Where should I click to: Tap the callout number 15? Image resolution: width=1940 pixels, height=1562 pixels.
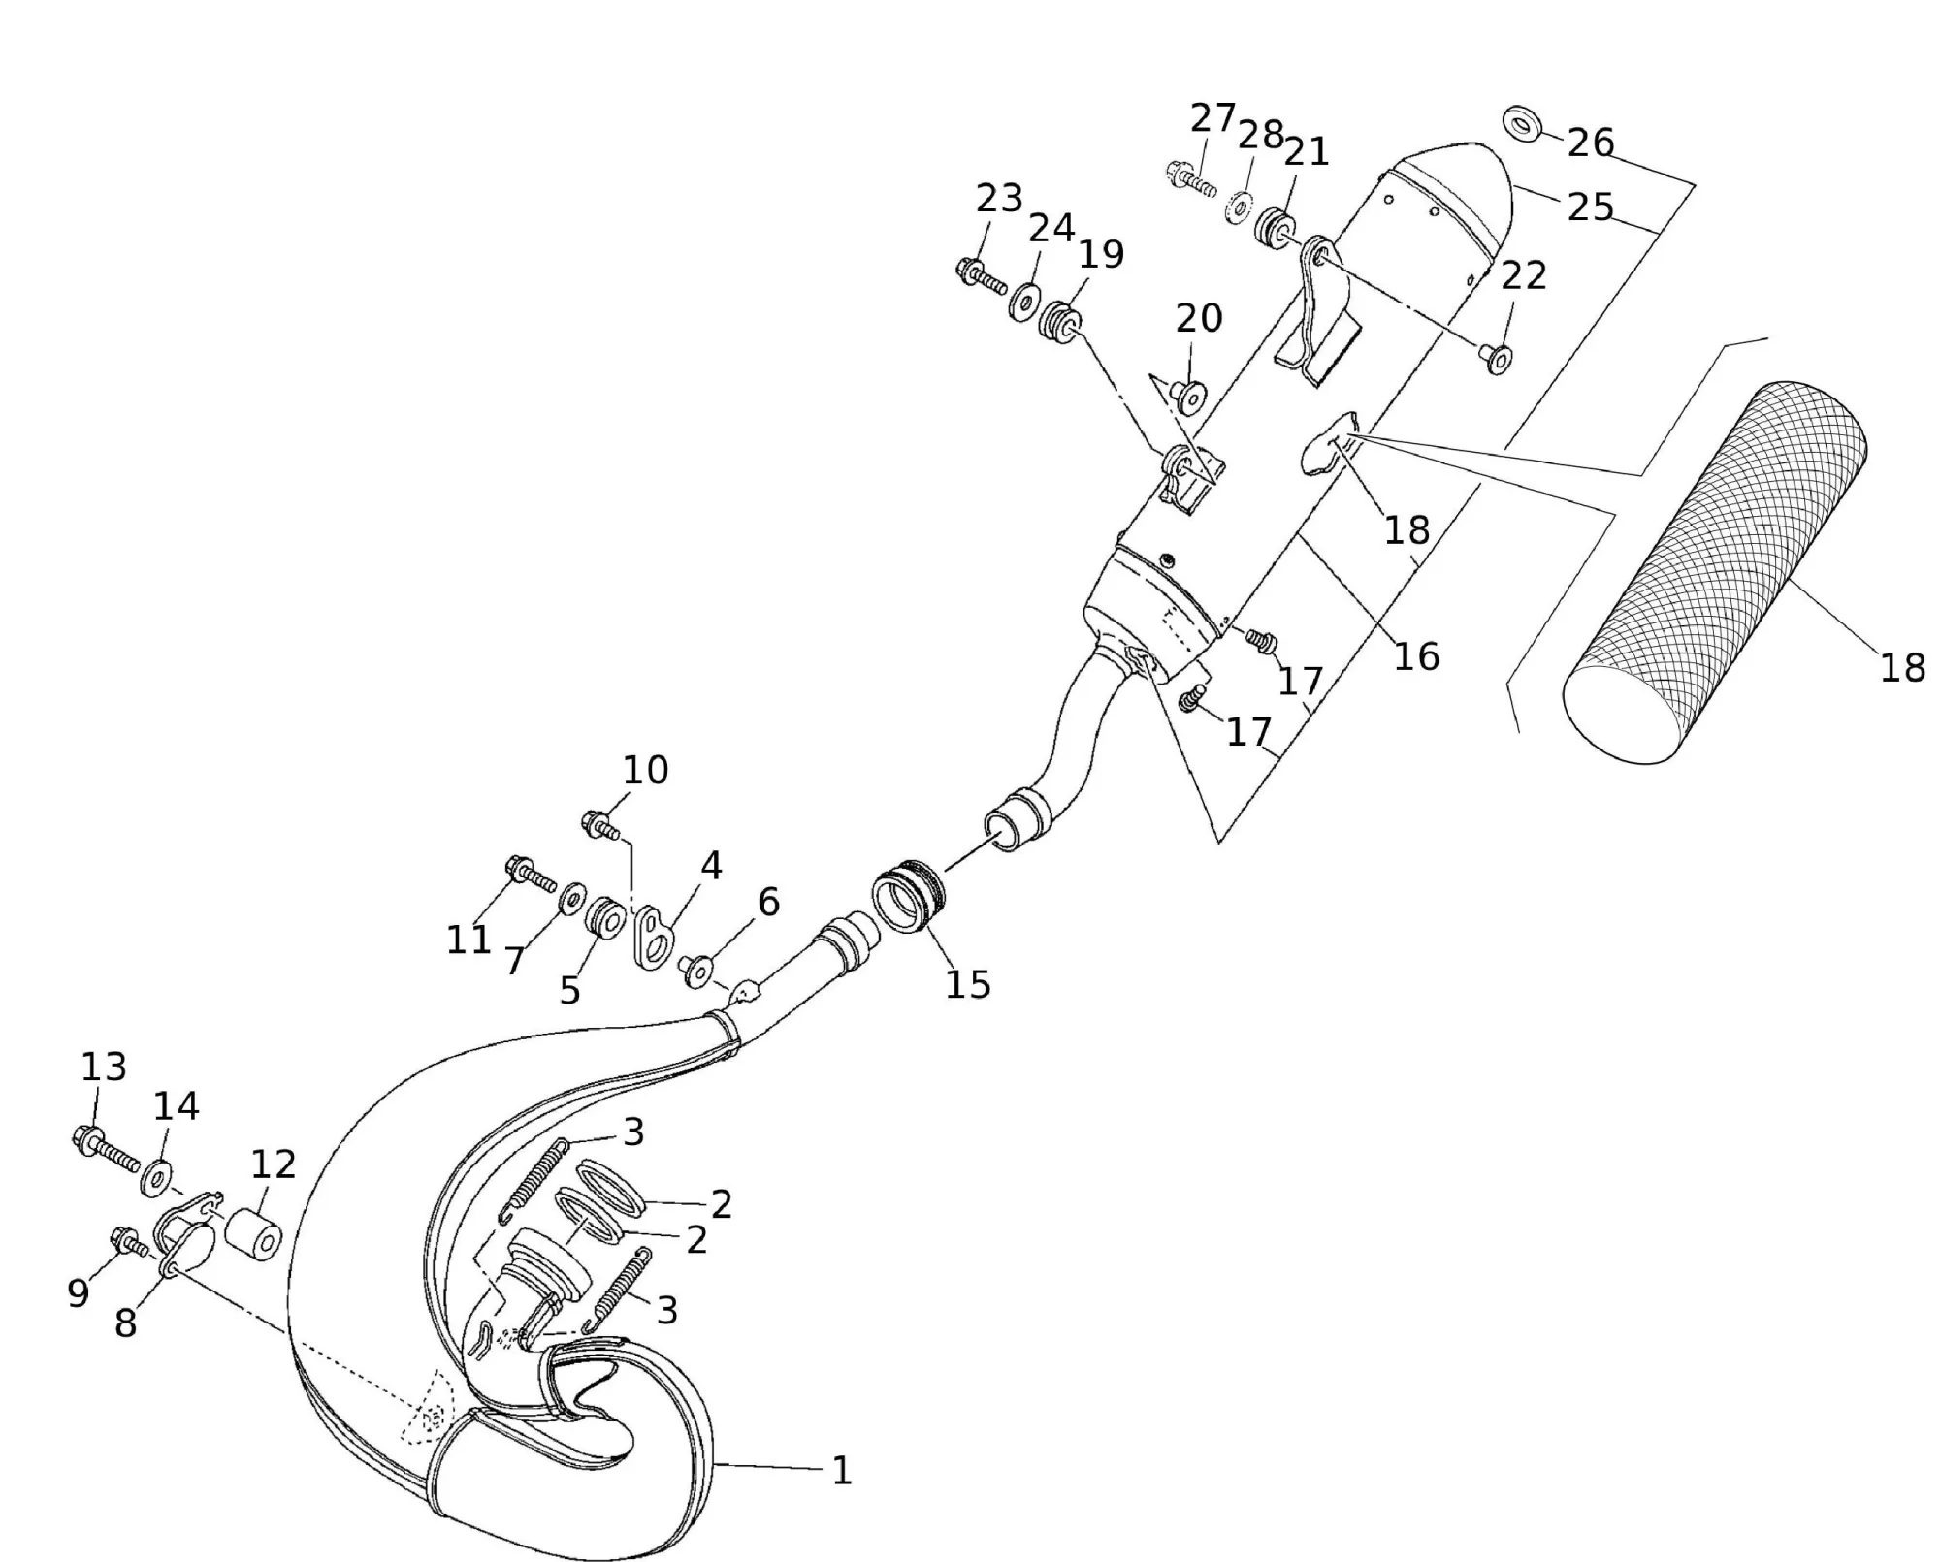[968, 984]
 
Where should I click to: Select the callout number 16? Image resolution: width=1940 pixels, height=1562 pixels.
[1416, 656]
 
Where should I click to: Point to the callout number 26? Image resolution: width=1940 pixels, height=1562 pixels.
[1591, 143]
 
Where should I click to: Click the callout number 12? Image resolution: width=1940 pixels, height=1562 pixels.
[274, 1164]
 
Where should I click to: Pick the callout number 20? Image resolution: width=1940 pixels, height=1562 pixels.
[1199, 318]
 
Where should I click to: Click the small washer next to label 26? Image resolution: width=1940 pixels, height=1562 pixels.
[1525, 125]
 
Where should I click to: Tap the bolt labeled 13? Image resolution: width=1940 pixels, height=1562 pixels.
[107, 1149]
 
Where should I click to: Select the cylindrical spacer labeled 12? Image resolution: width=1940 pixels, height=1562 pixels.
[254, 1231]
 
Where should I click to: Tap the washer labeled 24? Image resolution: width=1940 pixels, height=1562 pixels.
[1023, 302]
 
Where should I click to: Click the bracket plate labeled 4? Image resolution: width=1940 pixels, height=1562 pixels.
[650, 936]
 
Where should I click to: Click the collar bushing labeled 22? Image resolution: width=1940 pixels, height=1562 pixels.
[1496, 359]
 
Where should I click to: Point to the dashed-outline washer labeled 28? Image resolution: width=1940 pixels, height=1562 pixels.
[1237, 207]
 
